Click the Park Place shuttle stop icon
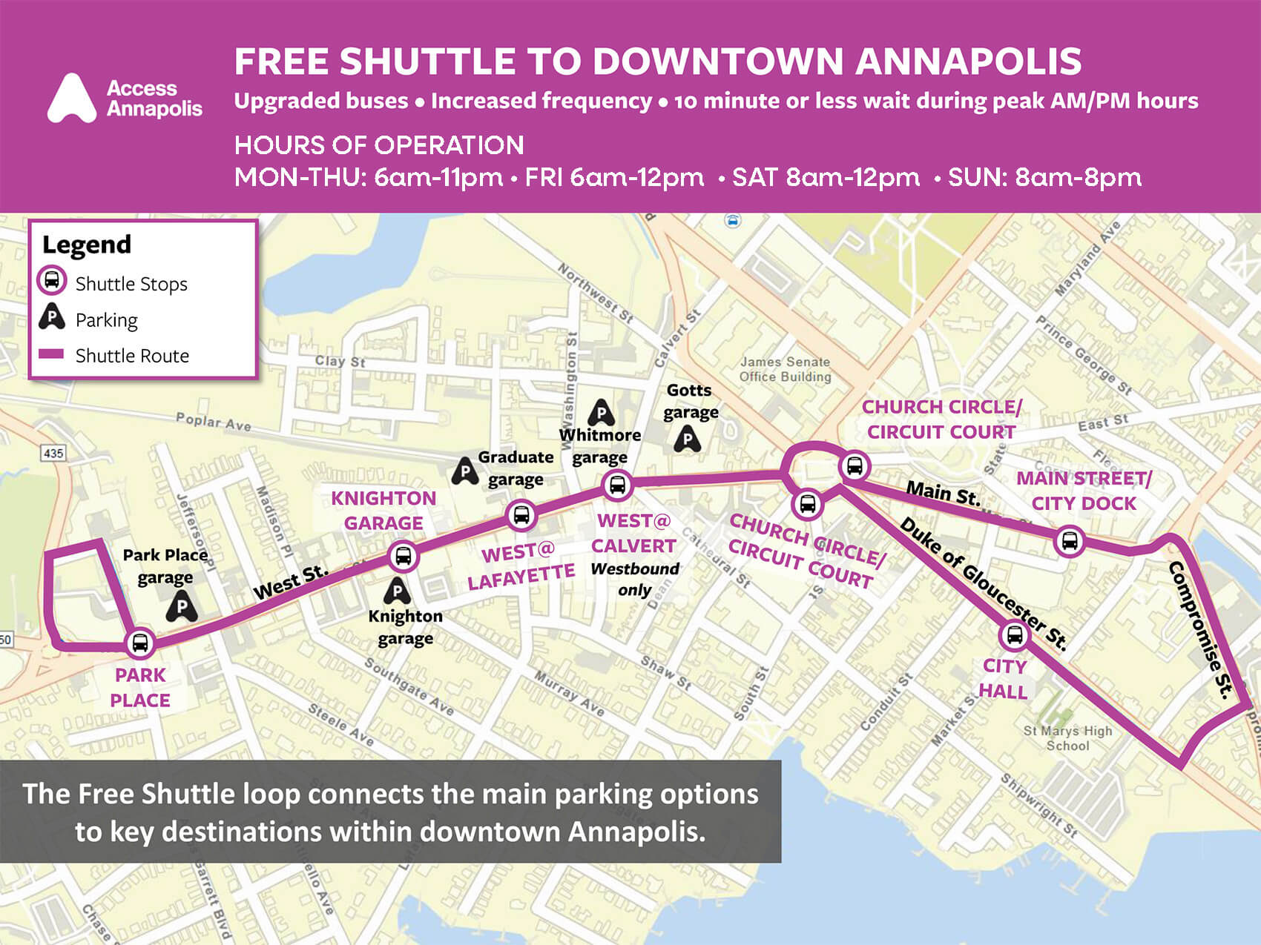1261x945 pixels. pos(139,643)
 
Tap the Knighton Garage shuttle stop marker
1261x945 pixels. pos(403,556)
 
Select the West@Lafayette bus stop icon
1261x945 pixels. pos(521,514)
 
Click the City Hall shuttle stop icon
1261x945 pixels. pos(1014,635)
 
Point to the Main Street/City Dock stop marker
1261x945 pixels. pos(1069,540)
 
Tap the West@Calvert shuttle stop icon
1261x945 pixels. pos(616,485)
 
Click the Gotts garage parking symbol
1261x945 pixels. pos(688,440)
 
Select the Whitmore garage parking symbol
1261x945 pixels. pos(601,413)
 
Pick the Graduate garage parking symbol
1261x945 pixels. pos(465,471)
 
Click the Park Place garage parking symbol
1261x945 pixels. pos(181,607)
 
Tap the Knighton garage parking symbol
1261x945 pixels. pos(398,591)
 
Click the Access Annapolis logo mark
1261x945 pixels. pos(72,99)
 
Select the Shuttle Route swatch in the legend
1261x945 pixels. pos(51,354)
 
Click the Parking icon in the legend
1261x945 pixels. pos(51,317)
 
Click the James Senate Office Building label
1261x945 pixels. pos(785,369)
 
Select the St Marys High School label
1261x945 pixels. pos(1067,738)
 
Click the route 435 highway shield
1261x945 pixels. pos(53,453)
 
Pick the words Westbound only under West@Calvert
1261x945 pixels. pos(634,580)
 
